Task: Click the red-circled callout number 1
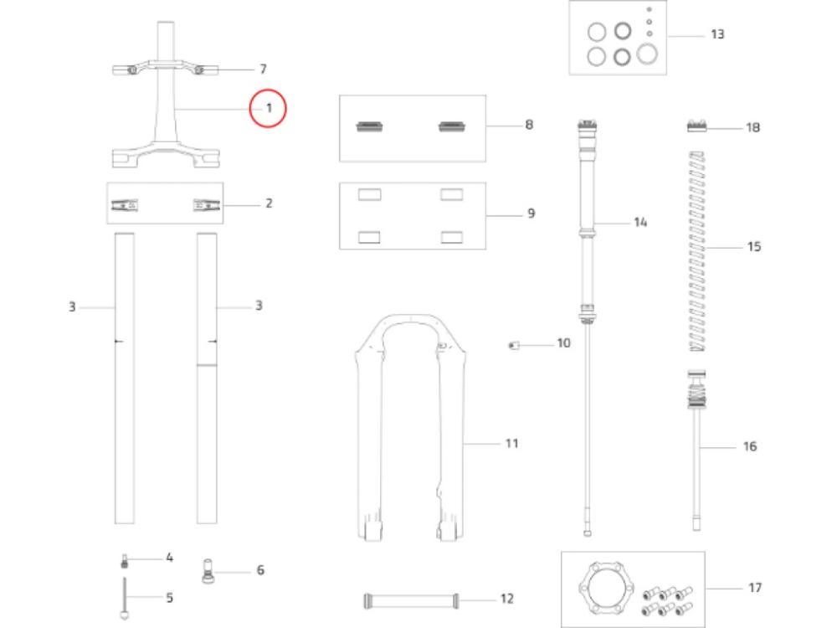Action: click(269, 108)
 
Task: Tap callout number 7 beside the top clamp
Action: click(263, 69)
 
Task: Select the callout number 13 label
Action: click(717, 35)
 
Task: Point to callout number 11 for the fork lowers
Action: click(511, 442)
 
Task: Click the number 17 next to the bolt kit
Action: click(754, 588)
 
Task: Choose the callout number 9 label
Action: click(531, 214)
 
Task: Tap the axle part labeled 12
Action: click(410, 599)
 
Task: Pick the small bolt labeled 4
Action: click(125, 560)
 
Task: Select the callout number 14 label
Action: click(640, 223)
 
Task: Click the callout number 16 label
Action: click(749, 447)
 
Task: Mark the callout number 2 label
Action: click(269, 203)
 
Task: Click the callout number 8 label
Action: click(529, 126)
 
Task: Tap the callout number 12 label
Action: click(506, 599)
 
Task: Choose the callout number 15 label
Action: click(753, 248)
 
